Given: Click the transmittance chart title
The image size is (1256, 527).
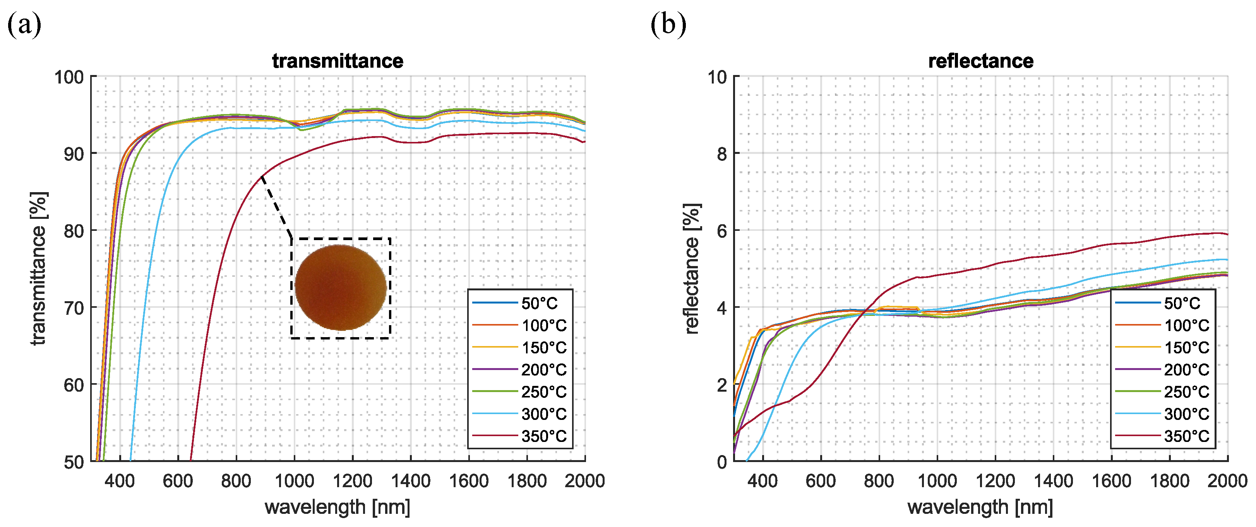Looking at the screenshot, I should pos(338,61).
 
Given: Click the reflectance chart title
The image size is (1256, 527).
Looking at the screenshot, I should pos(980,61).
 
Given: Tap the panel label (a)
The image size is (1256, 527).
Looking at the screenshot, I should pos(24,24).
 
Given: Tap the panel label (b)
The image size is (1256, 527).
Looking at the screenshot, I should pos(668,24).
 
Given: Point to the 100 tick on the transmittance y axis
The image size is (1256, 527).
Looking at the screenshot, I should pos(69,77).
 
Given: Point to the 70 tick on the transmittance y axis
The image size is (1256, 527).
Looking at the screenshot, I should pos(74,308).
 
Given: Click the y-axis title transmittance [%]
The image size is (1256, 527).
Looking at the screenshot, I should pos(39,268).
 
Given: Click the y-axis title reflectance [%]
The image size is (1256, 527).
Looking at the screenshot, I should pos(692,268).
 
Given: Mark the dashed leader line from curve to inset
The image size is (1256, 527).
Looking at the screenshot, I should pos(276,206).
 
